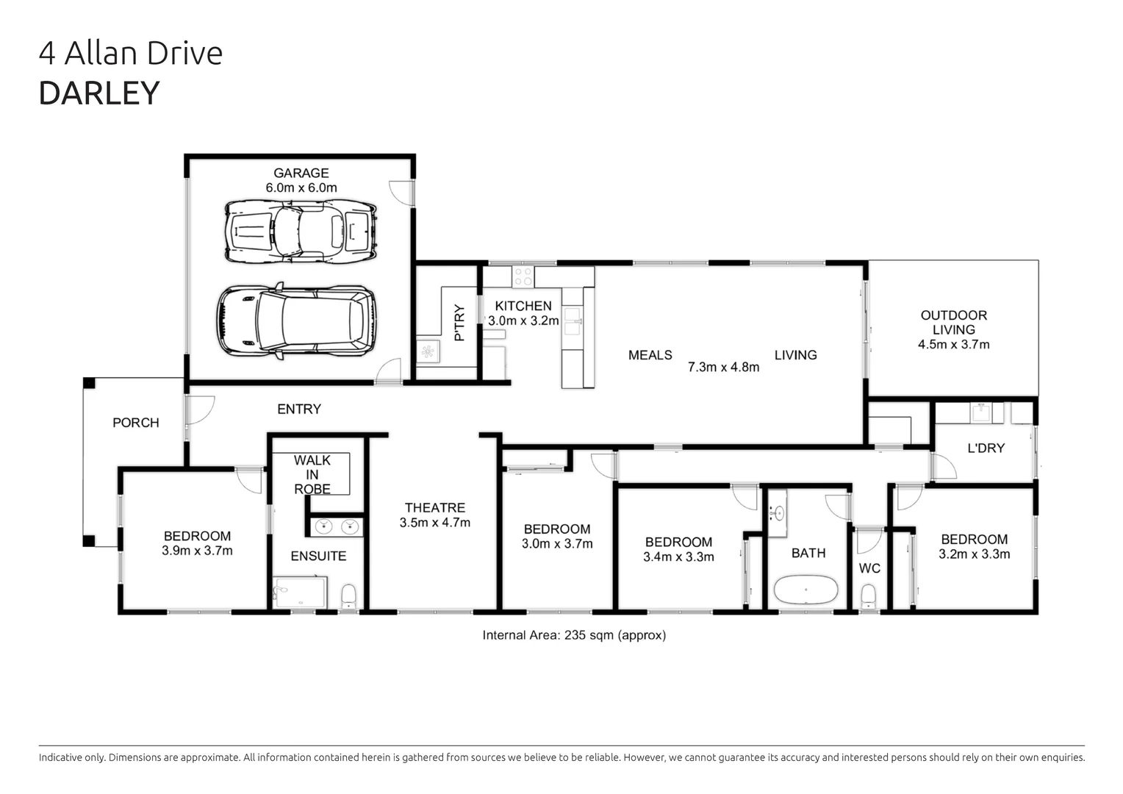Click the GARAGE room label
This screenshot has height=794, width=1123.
coord(301,174)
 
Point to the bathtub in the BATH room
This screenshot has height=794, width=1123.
coord(806,590)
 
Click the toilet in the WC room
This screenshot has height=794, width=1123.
coord(869,595)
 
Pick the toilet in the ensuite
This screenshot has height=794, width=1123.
coord(349,595)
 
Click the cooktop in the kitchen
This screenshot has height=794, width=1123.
coord(523,277)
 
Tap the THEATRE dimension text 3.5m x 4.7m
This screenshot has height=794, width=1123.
coord(434,523)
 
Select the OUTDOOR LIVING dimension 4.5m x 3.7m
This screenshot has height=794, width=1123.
coord(953,344)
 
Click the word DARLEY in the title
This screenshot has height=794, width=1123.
coord(98,93)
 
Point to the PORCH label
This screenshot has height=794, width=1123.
coord(135,423)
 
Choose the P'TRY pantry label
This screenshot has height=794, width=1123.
coord(460,323)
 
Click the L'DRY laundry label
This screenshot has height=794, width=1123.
coord(986,448)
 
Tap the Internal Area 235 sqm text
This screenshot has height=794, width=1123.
coord(573,635)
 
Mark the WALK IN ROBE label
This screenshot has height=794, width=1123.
coord(312,474)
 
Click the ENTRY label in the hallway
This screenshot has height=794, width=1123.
coord(298,409)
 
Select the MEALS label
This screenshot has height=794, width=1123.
coord(650,355)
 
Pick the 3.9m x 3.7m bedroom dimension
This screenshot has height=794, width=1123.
coord(197,551)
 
